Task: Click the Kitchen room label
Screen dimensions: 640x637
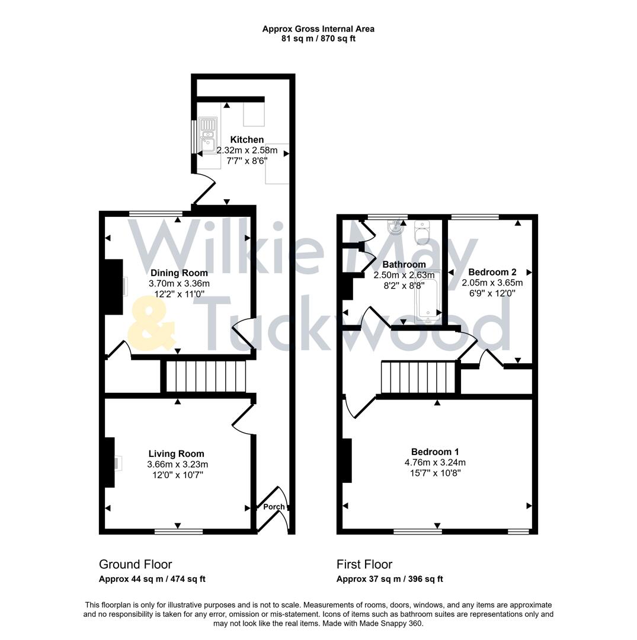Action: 247,140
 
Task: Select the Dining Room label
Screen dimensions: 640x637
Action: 179,273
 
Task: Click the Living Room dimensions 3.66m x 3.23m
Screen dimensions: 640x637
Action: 178,465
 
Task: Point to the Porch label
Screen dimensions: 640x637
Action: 273,507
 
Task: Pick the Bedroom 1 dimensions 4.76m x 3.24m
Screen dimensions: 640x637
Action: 435,462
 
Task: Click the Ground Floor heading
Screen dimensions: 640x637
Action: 135,564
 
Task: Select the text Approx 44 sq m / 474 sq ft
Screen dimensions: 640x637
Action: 152,579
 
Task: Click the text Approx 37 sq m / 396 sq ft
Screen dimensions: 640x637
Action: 389,579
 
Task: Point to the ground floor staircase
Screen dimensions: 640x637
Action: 205,376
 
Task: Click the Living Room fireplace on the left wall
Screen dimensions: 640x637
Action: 110,462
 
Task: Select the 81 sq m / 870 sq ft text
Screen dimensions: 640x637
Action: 318,39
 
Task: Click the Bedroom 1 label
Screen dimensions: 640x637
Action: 435,452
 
